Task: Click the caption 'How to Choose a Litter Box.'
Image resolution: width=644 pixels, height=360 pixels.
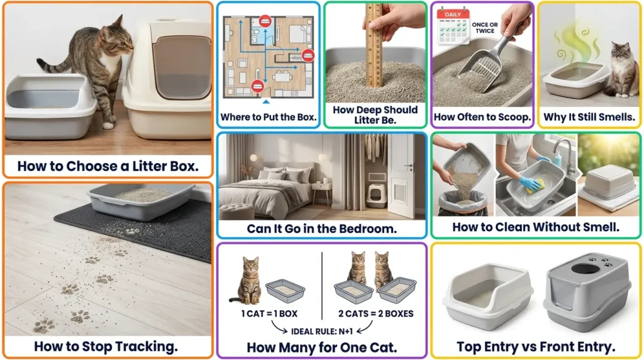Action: click(x=108, y=167)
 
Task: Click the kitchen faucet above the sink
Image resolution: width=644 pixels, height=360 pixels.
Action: click(x=562, y=155)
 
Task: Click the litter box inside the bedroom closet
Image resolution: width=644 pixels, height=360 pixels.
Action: click(x=375, y=194)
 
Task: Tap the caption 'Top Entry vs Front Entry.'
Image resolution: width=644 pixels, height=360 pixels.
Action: click(x=535, y=346)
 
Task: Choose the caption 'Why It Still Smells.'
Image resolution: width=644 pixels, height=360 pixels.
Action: click(x=589, y=116)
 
